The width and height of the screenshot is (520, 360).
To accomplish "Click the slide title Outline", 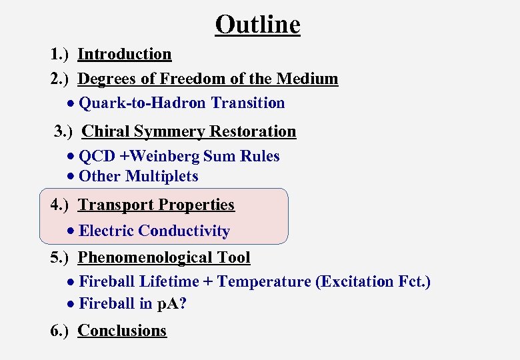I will click(x=257, y=25).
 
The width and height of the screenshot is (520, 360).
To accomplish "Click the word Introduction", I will click(x=125, y=55).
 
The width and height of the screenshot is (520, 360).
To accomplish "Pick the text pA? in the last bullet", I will click(x=172, y=304).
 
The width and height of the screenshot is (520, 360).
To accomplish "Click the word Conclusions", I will click(x=122, y=331).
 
